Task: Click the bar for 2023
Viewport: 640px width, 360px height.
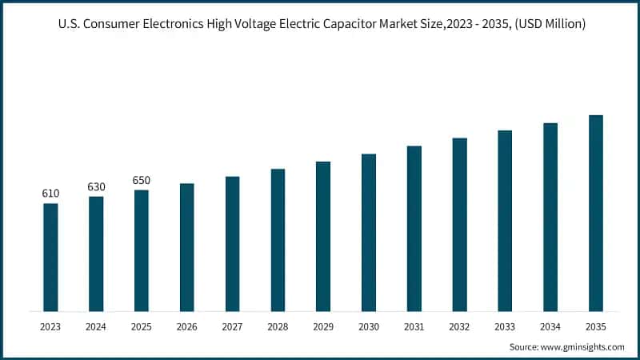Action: [x=50, y=257]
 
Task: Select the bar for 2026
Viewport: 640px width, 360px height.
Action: [x=186, y=247]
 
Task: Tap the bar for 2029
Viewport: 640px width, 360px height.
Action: [x=323, y=236]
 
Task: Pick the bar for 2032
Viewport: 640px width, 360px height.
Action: [x=459, y=224]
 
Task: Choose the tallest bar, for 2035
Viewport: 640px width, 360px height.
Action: [x=596, y=213]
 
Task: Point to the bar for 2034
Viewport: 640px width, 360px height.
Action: [x=550, y=217]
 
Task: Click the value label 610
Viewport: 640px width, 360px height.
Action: [x=50, y=194]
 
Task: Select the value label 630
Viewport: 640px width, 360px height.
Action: [x=96, y=186]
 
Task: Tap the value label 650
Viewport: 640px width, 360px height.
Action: [x=142, y=180]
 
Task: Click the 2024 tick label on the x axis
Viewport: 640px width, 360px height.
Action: [x=96, y=326]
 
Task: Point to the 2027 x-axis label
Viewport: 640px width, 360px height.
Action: [x=232, y=326]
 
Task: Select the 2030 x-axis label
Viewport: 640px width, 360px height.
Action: [x=369, y=326]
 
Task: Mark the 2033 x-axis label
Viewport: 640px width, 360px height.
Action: [x=505, y=326]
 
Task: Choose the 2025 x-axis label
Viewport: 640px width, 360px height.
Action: [x=142, y=326]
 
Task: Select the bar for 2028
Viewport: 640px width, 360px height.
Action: [x=278, y=240]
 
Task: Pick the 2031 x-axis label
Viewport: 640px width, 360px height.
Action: [x=414, y=326]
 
